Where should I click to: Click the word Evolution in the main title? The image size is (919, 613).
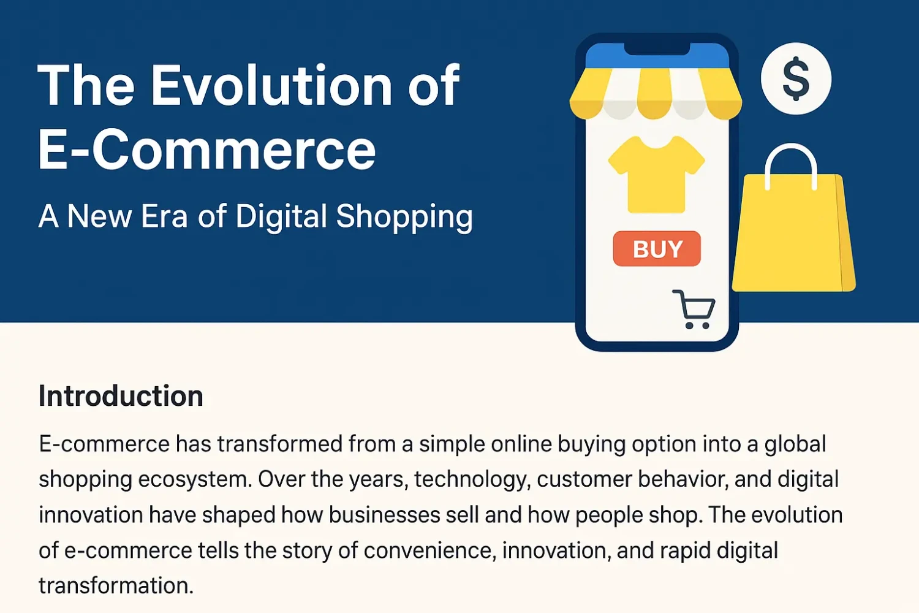click(x=272, y=86)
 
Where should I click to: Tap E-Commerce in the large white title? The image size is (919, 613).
click(x=206, y=151)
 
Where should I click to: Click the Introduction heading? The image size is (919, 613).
click(x=121, y=396)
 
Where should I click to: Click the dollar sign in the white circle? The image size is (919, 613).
click(x=796, y=78)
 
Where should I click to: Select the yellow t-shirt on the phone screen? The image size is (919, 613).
click(x=656, y=175)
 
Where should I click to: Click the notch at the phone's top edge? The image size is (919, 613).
click(x=657, y=48)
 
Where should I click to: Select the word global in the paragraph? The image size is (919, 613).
click(x=795, y=444)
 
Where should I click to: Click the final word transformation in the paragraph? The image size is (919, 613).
click(x=116, y=586)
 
